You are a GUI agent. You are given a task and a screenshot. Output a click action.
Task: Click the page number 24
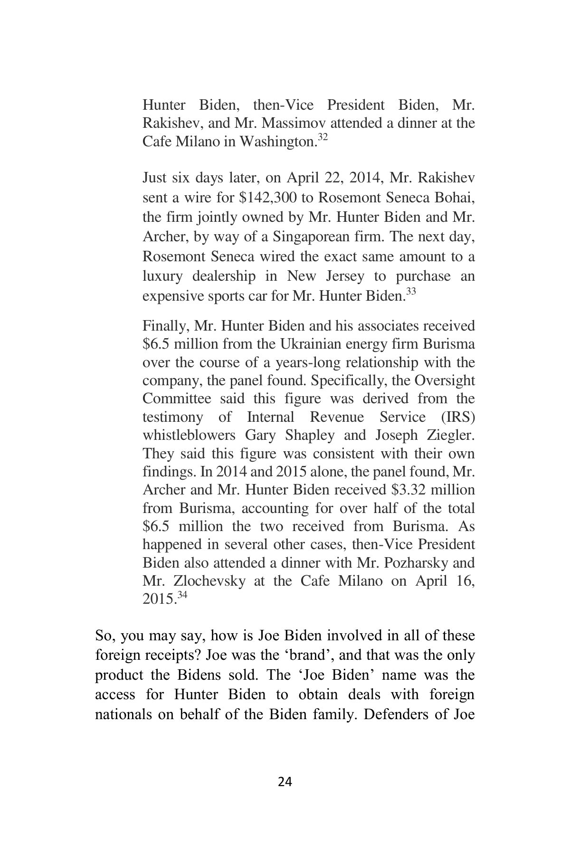coord(285,781)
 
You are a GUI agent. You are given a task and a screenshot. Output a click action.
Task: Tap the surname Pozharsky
coord(412,563)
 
